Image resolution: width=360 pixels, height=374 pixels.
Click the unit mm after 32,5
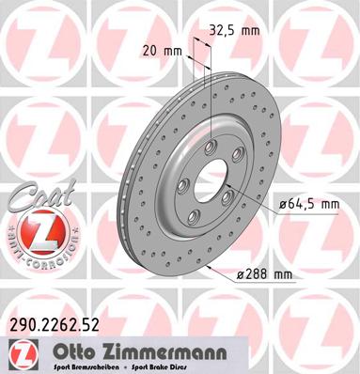coord(250,29)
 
